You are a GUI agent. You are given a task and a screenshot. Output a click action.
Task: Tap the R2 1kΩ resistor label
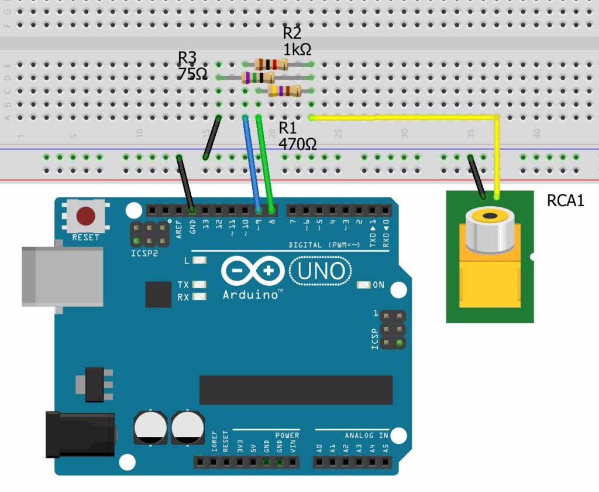coord(297,42)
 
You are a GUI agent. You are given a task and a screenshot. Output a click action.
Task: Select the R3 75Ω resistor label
coord(192,66)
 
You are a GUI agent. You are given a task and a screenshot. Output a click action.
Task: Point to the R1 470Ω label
coord(297,136)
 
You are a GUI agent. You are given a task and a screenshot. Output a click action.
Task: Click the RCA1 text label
coord(565,201)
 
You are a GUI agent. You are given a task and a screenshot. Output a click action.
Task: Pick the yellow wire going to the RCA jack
coord(409,117)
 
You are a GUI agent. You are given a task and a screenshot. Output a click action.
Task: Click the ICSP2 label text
coord(144,254)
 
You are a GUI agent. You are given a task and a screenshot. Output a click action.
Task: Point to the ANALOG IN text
coord(366,435)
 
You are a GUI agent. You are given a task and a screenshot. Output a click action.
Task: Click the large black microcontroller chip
coord(295,390)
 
